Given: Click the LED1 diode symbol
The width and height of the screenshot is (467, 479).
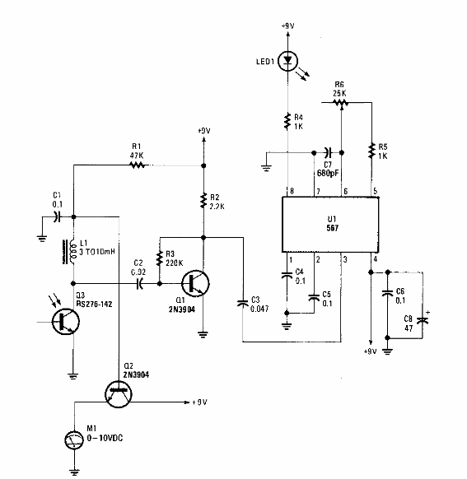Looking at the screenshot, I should point(287,60).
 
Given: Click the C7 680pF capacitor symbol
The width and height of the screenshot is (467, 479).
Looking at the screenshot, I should point(327,152).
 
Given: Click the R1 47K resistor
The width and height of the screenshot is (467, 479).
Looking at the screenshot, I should point(137,165).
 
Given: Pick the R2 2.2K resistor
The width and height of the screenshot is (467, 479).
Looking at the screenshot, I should point(204,199).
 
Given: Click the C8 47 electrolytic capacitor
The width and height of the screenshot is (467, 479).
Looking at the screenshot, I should point(424,320).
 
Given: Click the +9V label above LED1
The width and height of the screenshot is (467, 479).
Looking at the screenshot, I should point(287,27).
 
